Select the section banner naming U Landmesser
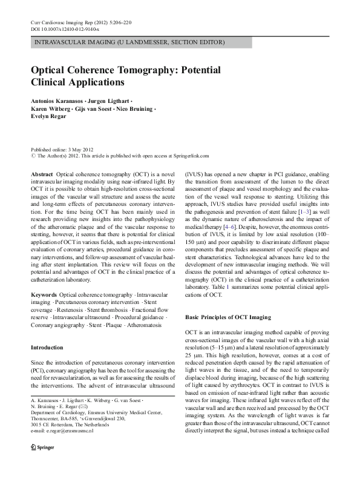click(130, 43)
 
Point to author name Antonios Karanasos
click(54, 101)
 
